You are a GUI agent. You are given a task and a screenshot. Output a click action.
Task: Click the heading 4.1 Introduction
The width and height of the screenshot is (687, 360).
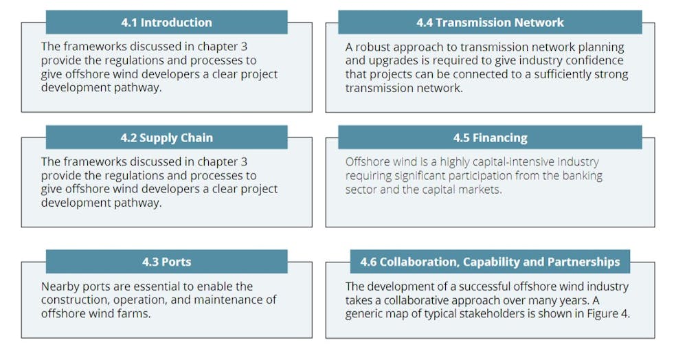(166, 23)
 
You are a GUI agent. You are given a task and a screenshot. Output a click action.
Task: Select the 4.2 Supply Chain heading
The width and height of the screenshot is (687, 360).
(166, 138)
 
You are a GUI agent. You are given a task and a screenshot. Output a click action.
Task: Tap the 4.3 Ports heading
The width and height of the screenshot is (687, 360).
(166, 262)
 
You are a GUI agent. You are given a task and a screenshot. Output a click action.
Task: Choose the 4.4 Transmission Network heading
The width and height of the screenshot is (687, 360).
(490, 23)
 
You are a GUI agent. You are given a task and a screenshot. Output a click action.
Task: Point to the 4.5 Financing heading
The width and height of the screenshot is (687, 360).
(490, 138)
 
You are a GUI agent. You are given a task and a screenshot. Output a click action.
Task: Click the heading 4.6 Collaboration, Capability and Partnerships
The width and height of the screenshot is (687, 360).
(490, 262)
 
